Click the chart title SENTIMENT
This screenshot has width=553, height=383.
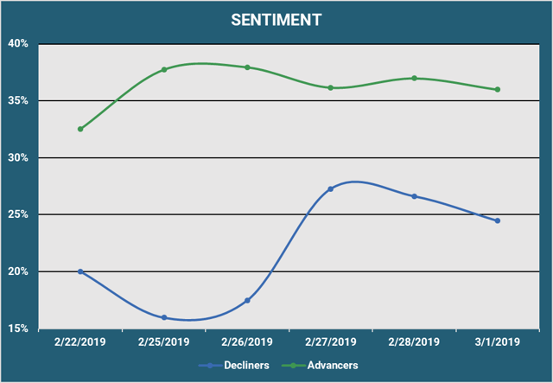point(276,19)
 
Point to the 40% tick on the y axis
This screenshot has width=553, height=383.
point(20,44)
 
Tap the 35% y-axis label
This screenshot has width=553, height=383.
point(20,101)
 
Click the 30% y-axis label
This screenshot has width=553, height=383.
point(20,158)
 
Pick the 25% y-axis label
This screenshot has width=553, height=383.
point(20,214)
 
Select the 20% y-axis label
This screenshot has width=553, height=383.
point(20,271)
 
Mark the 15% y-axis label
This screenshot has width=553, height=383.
point(20,329)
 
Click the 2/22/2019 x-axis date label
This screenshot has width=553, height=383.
point(79,342)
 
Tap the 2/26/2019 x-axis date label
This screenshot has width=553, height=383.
point(247,342)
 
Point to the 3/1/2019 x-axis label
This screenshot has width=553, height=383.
point(498,342)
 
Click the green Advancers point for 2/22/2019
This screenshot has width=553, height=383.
point(80,129)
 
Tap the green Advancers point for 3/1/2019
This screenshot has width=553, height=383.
point(498,89)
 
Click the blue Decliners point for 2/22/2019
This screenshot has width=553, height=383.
point(80,271)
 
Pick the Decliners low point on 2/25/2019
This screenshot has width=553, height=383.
point(164,317)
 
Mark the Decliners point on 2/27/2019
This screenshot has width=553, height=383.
point(331,188)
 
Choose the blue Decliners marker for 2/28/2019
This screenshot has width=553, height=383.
point(415,196)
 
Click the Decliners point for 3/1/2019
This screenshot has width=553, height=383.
point(498,220)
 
